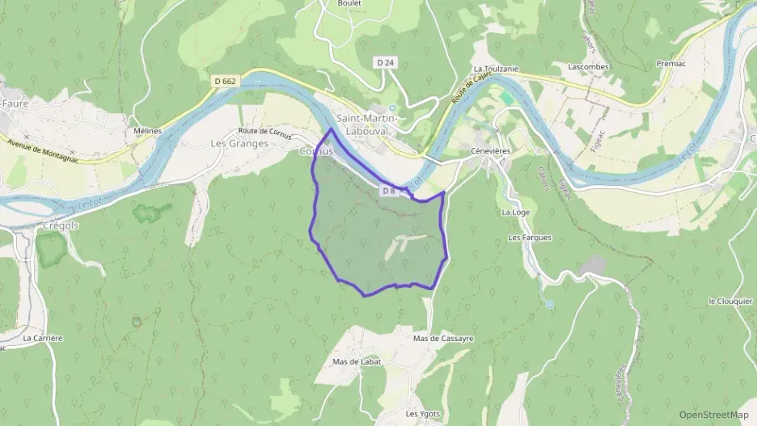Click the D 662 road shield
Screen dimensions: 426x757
[226, 81]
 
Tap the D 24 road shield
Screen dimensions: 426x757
[385, 62]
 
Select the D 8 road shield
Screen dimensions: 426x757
[388, 191]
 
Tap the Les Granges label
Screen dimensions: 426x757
[239, 144]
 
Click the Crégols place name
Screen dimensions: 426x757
[56, 226]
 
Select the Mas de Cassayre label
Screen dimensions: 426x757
[442, 339]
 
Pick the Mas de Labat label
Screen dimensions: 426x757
[357, 361]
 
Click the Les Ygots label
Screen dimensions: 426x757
[423, 414]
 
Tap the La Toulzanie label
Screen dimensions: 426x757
[495, 70]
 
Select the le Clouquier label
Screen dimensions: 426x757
[730, 302]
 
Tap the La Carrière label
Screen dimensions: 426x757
[43, 338]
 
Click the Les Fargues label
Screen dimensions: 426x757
[529, 238]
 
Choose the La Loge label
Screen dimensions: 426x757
[515, 212]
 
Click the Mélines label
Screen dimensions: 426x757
[147, 130]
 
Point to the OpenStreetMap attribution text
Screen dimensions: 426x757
[713, 414]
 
